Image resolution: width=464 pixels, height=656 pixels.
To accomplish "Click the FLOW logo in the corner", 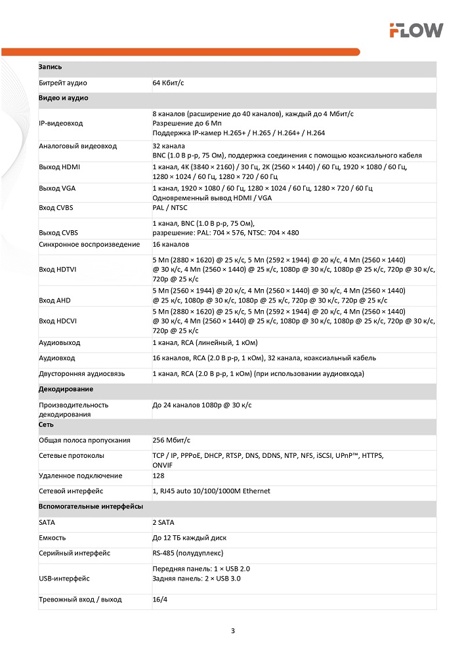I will pyautogui.click(x=416, y=30).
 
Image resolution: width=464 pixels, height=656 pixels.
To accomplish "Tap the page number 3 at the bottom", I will pyautogui.click(x=232, y=631).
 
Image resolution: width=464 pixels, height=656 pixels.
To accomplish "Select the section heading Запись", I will pyautogui.click(x=51, y=68).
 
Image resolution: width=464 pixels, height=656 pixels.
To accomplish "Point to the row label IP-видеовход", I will pyautogui.click(x=61, y=123).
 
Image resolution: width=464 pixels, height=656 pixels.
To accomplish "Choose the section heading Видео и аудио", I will pyautogui.click(x=64, y=98).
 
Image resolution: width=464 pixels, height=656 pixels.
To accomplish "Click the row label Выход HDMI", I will pyautogui.click(x=60, y=167).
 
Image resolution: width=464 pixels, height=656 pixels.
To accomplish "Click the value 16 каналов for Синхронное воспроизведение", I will pyautogui.click(x=171, y=244).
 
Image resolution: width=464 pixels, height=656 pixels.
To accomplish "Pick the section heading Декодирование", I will pyautogui.click(x=66, y=389).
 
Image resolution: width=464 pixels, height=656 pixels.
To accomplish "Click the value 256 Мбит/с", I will pyautogui.click(x=171, y=440).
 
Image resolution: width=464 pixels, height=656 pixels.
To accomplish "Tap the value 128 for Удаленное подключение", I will pyautogui.click(x=158, y=476).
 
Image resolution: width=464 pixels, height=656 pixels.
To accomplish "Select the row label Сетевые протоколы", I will pyautogui.click(x=71, y=455).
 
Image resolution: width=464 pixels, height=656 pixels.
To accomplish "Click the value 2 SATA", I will pyautogui.click(x=163, y=523).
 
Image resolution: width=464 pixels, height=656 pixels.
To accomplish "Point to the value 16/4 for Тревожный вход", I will pyautogui.click(x=160, y=600).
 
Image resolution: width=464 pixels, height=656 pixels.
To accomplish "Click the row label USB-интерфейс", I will pyautogui.click(x=64, y=579).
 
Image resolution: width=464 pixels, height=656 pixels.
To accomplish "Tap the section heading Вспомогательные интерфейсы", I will pyautogui.click(x=91, y=507).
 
